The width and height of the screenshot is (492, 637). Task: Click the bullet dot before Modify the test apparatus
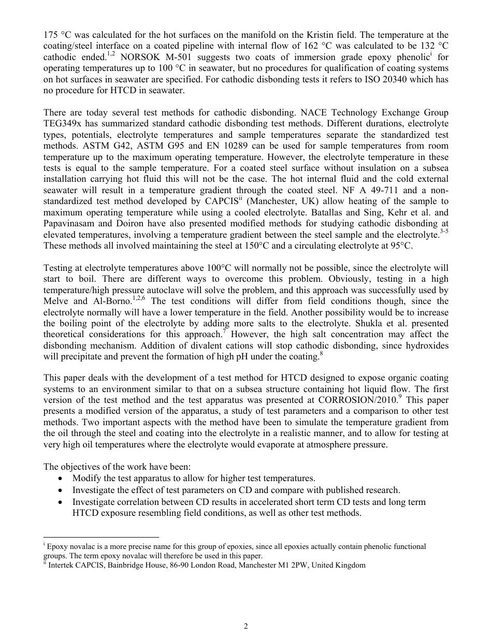[62, 478]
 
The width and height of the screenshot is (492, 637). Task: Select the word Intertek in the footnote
[62, 566]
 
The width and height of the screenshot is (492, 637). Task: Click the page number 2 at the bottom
[246, 626]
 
